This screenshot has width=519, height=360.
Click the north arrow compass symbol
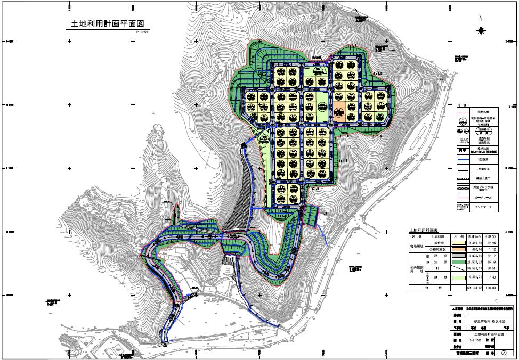click(482, 31)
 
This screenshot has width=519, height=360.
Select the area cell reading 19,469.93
click(475, 242)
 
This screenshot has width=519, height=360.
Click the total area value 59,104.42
click(475, 288)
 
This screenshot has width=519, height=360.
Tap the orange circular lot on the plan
click(339, 113)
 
